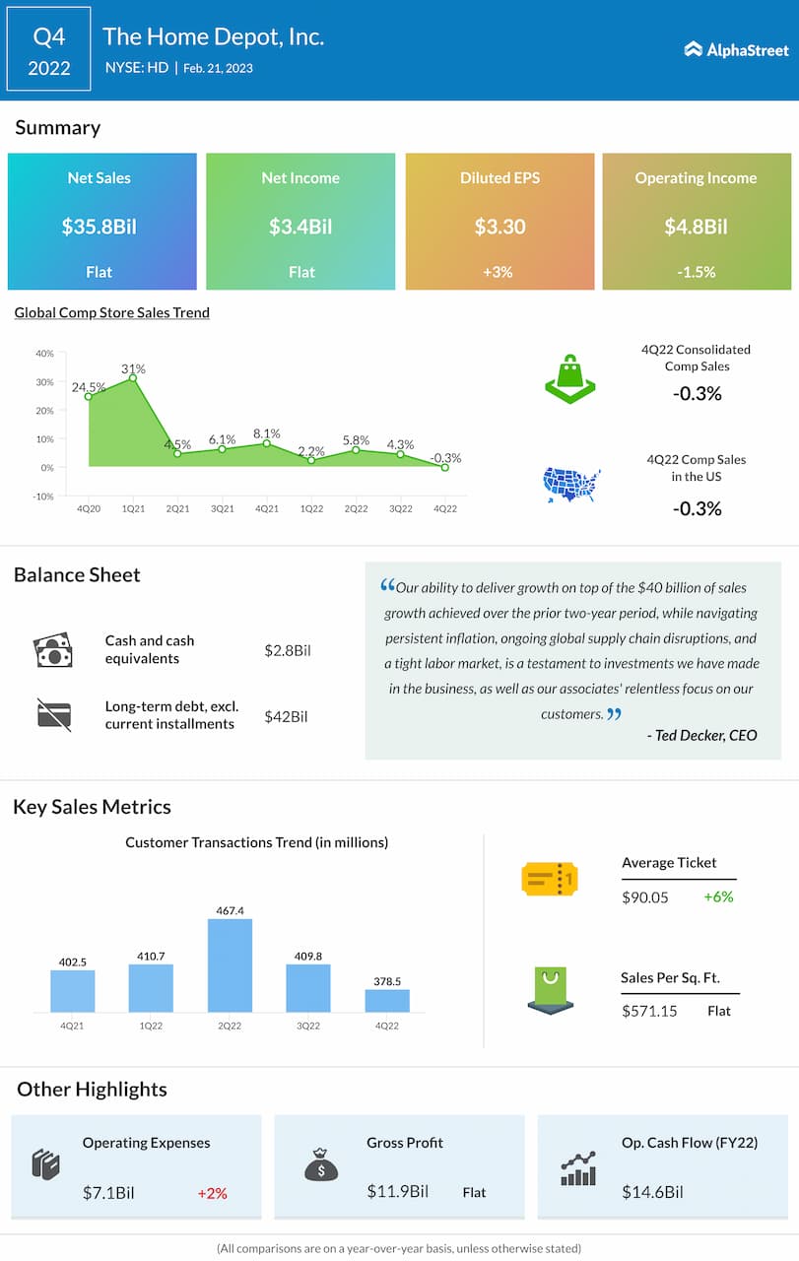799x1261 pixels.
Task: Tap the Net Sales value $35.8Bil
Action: tap(100, 227)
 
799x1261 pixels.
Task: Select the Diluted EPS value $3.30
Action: tap(499, 227)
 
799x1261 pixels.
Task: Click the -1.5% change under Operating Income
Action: tap(697, 272)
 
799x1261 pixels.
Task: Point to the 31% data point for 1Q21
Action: tap(133, 377)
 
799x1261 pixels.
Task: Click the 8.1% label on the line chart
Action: tap(267, 433)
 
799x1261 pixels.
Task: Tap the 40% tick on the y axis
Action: tap(44, 354)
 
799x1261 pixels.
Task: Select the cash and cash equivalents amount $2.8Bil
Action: tap(287, 650)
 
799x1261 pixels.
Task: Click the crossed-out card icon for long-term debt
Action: tap(53, 714)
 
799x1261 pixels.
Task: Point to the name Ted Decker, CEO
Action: tap(702, 735)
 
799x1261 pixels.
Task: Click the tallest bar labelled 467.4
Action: tap(230, 965)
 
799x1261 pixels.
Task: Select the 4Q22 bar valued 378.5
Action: tap(387, 1000)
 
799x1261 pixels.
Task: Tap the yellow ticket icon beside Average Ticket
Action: tap(549, 878)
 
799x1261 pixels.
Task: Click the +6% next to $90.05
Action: tap(718, 896)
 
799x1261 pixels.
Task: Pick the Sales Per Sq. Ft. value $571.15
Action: tap(649, 1011)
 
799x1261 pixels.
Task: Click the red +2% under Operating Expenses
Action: tap(212, 1193)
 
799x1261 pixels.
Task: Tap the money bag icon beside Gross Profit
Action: tap(321, 1166)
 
